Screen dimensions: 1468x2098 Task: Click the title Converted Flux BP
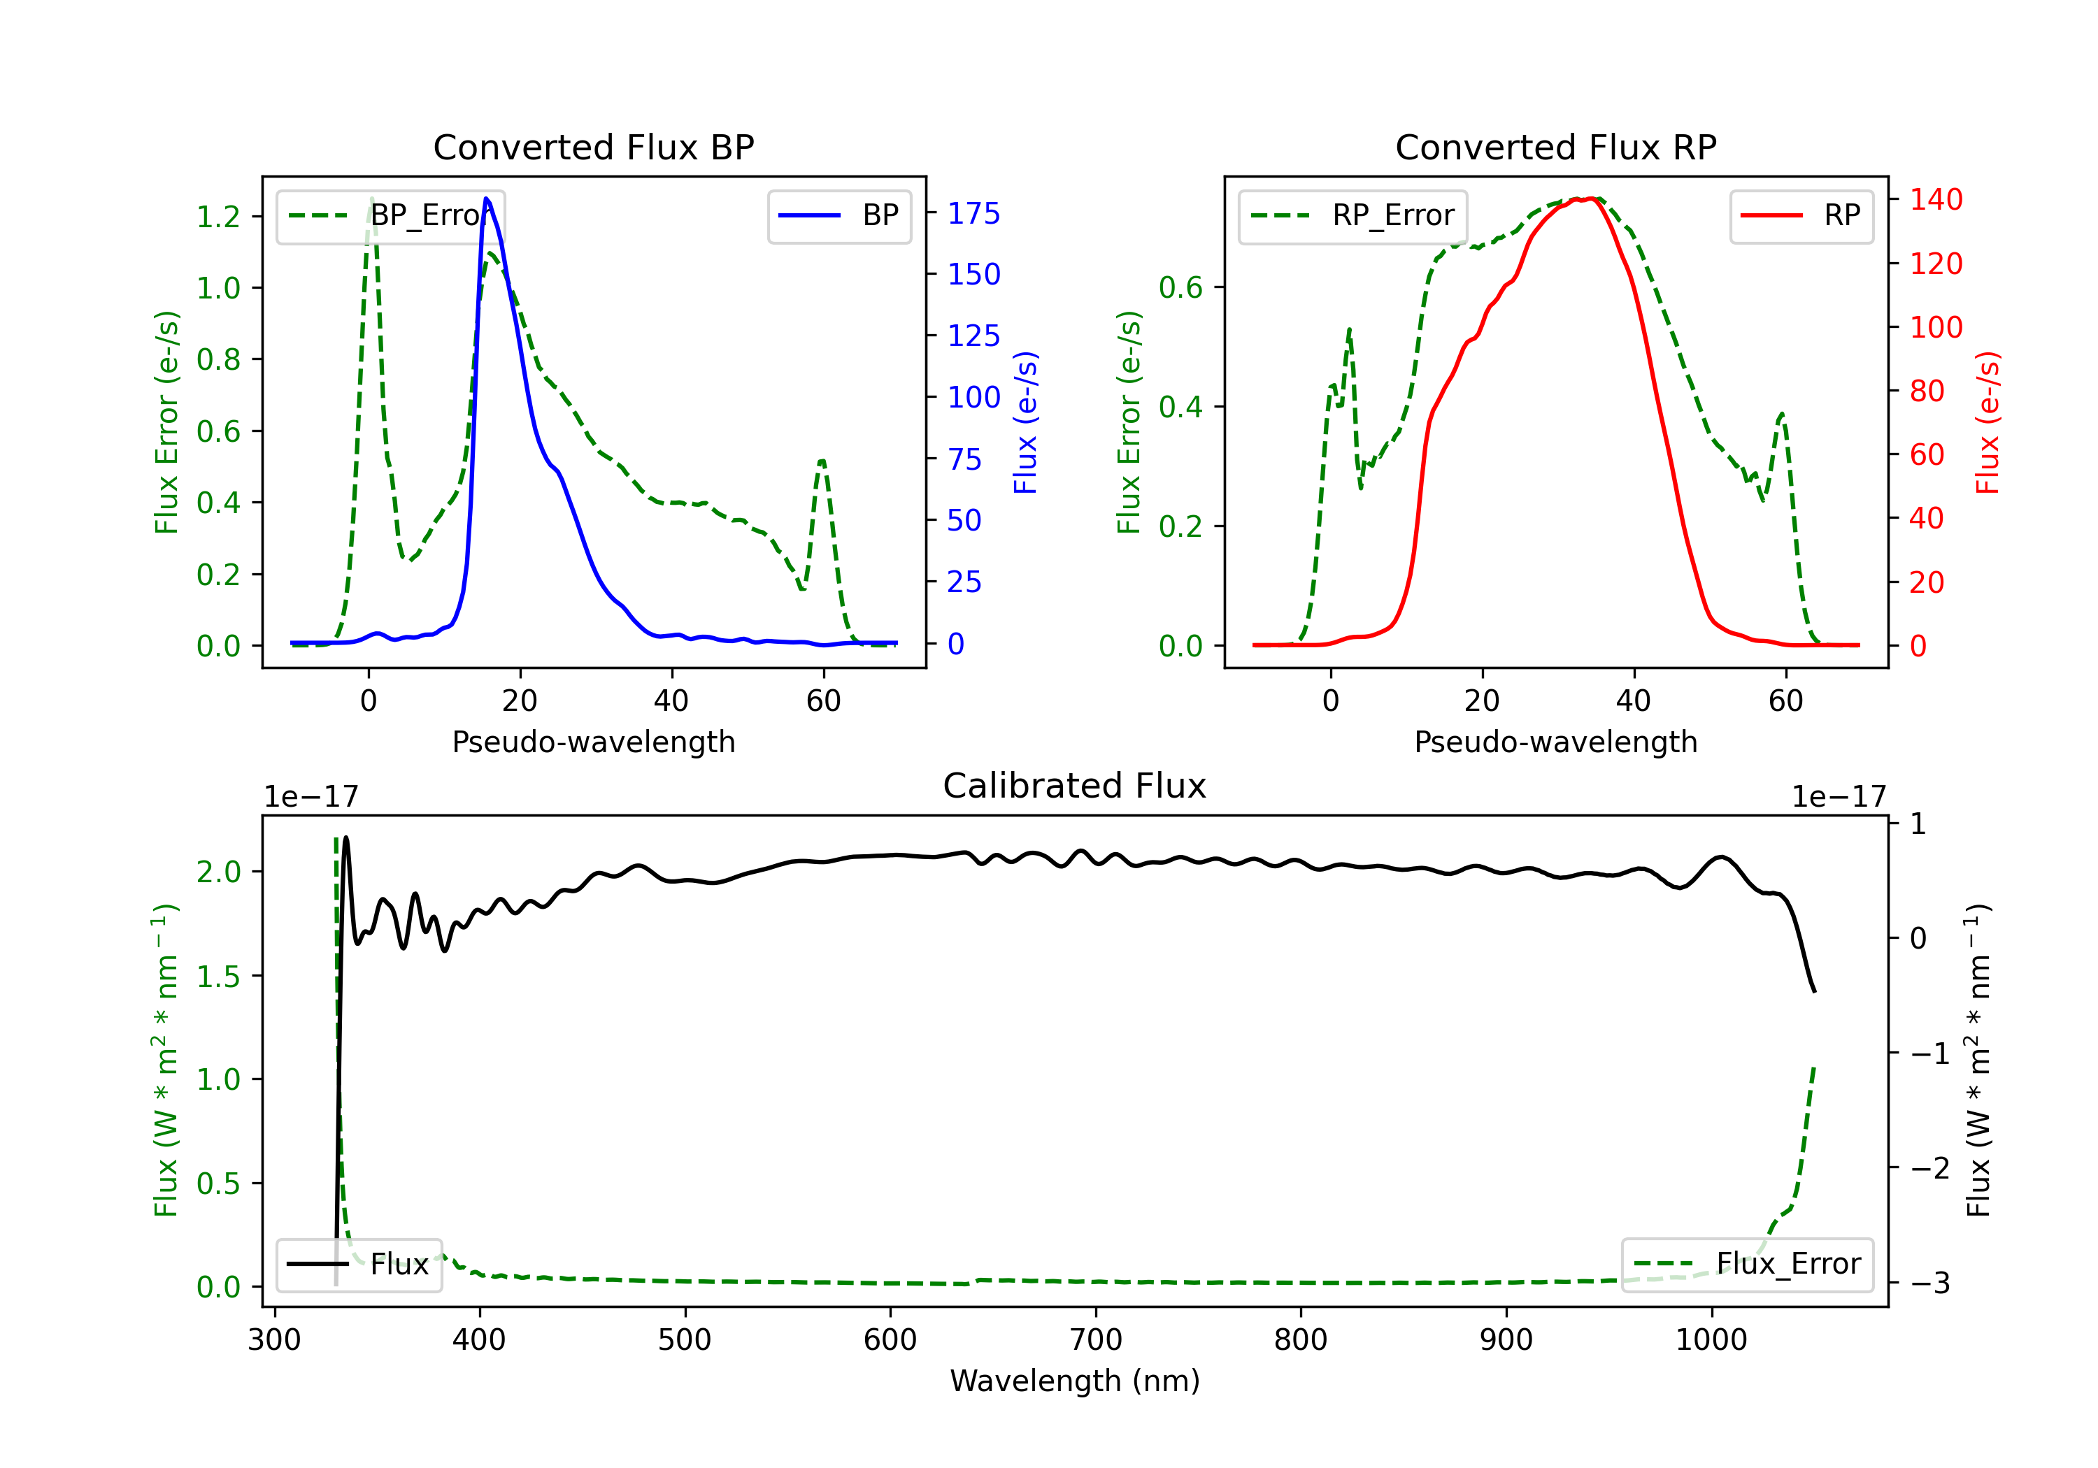[x=593, y=147]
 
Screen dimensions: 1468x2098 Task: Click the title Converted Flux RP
[x=1555, y=147]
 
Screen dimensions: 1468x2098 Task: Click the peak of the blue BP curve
[x=486, y=199]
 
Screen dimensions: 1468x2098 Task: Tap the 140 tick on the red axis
[x=1935, y=199]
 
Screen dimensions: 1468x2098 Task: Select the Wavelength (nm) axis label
[x=1075, y=1381]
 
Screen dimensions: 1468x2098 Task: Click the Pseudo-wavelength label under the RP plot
[x=1555, y=742]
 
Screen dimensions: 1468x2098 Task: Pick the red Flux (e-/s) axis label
[x=1988, y=423]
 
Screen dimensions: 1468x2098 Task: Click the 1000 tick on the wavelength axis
[x=1711, y=1339]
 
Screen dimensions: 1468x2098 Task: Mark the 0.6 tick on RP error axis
[x=1180, y=288]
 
